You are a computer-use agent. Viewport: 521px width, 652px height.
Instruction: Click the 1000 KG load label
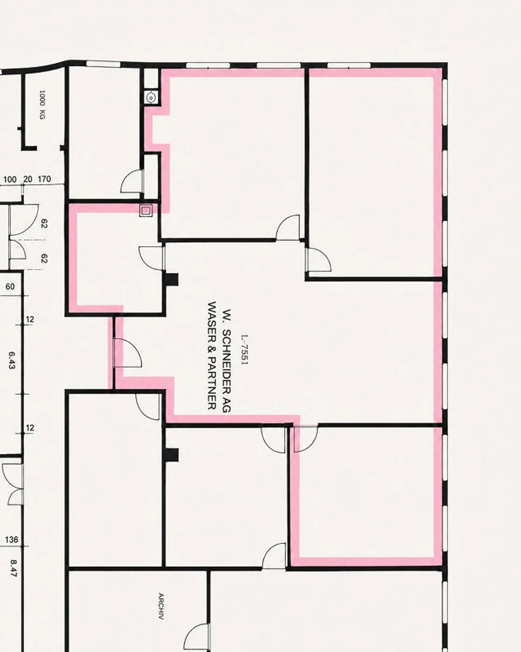pos(42,105)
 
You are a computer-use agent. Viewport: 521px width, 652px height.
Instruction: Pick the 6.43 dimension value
pos(11,360)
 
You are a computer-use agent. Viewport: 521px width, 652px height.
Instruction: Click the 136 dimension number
pos(12,540)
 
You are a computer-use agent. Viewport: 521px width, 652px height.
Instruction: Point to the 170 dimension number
pos(44,179)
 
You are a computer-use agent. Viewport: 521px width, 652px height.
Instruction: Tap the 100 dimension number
pos(10,180)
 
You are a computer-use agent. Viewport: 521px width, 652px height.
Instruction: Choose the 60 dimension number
pos(10,287)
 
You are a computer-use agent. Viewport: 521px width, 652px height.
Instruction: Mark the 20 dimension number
pos(27,179)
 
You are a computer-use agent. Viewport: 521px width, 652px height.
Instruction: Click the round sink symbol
pos(151,97)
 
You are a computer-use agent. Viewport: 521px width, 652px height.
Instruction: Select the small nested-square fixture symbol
pos(146,210)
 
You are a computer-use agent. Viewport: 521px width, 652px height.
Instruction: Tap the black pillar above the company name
pos(171,279)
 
